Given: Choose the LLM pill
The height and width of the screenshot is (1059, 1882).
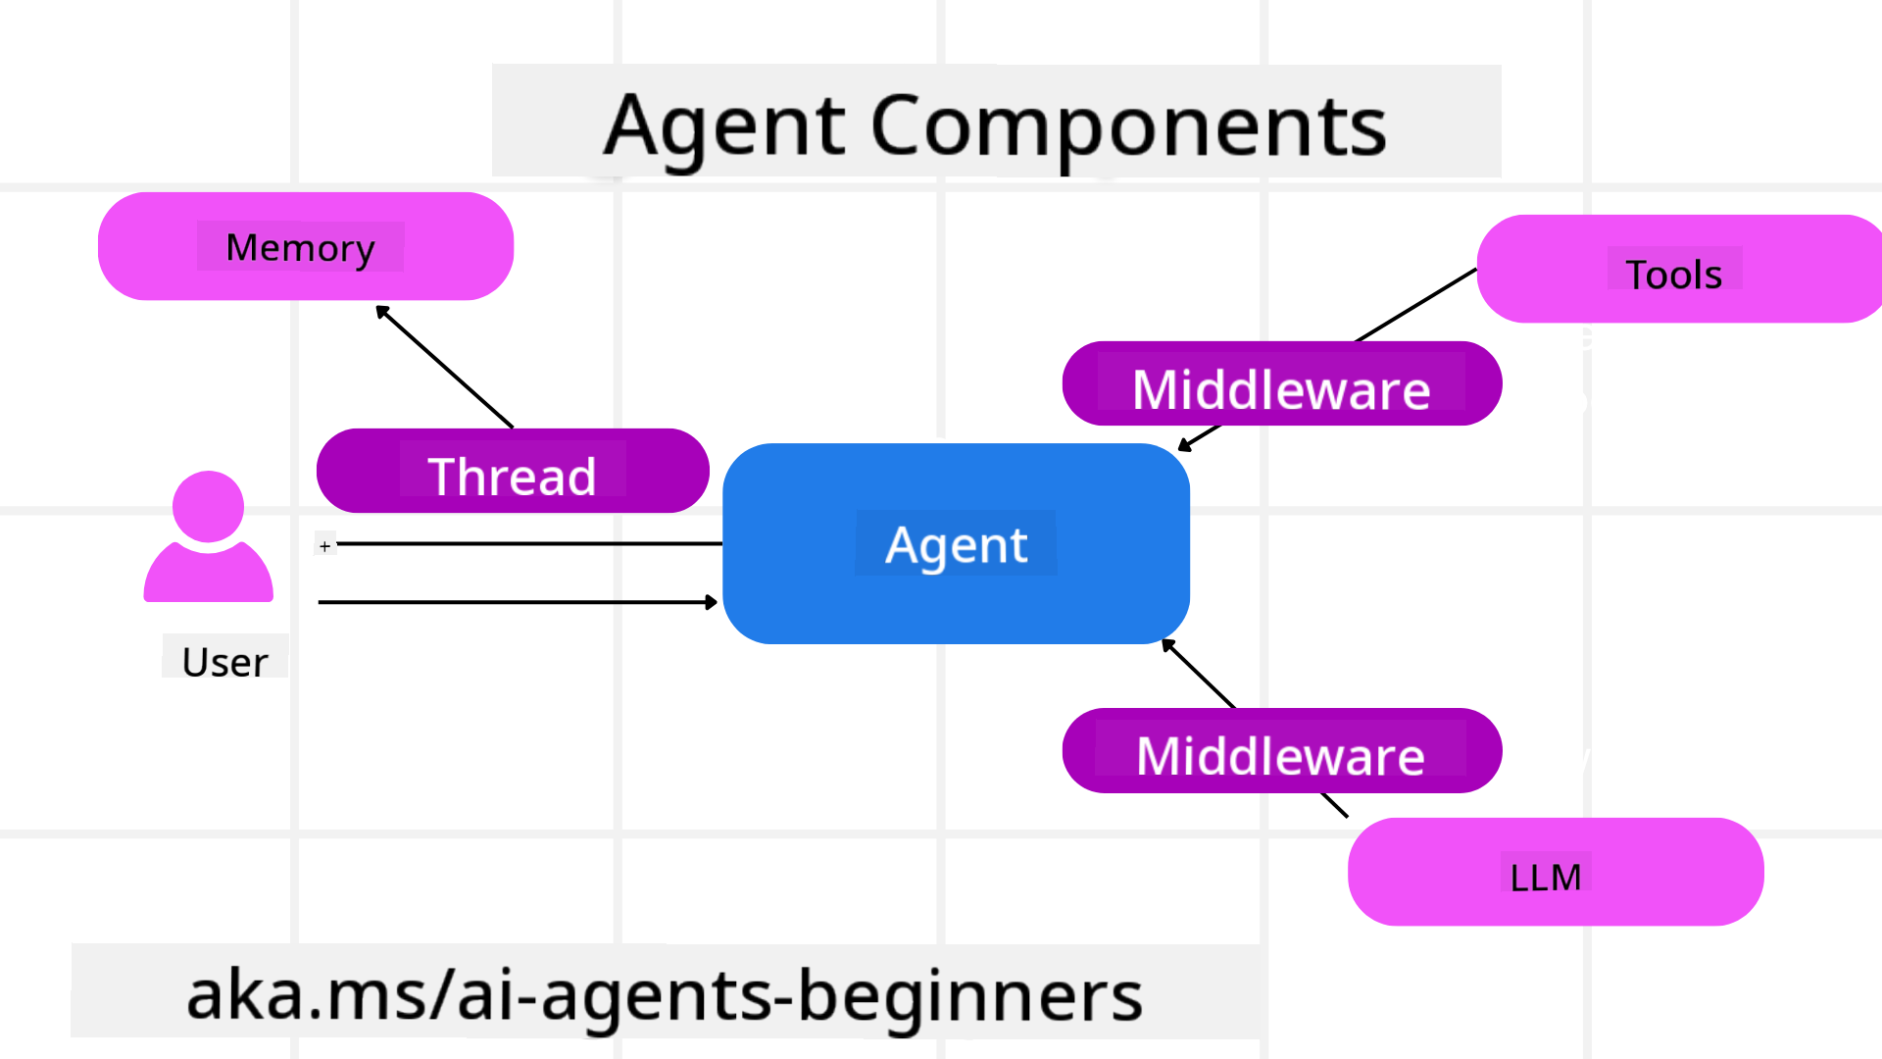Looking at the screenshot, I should pyautogui.click(x=1555, y=873).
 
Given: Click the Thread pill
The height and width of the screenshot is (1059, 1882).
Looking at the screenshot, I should pyautogui.click(x=512, y=472).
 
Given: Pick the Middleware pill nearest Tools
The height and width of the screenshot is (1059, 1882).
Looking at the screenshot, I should pyautogui.click(x=1281, y=384).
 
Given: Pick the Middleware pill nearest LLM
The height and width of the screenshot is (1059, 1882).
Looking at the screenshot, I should pyautogui.click(x=1281, y=751).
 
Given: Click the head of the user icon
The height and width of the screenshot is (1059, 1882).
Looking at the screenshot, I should pyautogui.click(x=208, y=506).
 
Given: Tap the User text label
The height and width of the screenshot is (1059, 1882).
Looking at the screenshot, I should pyautogui.click(x=224, y=662).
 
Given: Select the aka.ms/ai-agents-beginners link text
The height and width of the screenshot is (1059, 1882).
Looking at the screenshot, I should pyautogui.click(x=664, y=994).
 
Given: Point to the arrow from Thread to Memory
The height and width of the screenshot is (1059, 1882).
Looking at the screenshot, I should pyautogui.click(x=446, y=368).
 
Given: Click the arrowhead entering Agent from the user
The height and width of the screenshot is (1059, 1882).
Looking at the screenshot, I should pyautogui.click(x=712, y=602).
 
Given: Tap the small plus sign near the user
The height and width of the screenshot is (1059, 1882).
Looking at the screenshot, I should pyautogui.click(x=324, y=546).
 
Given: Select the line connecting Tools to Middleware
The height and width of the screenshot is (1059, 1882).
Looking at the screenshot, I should pyautogui.click(x=1416, y=305).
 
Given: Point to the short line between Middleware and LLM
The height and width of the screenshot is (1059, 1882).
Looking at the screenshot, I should pyautogui.click(x=1334, y=805).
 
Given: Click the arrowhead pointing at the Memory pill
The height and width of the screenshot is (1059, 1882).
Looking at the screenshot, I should pyautogui.click(x=382, y=311).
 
